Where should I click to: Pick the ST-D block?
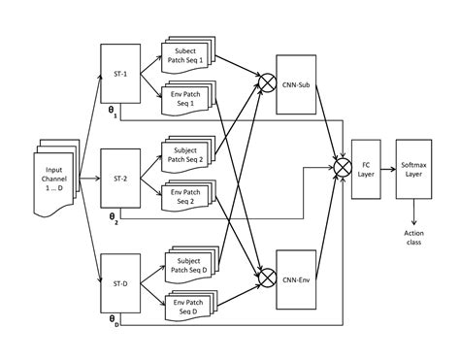[x=120, y=282]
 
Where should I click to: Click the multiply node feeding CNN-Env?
[x=262, y=278]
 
